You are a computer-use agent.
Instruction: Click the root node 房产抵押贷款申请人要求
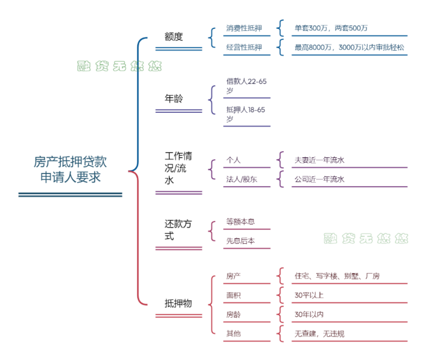pos(70,169)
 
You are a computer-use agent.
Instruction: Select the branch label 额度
pos(174,37)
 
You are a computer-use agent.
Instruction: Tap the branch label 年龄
pos(174,99)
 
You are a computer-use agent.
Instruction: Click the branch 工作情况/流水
pos(178,169)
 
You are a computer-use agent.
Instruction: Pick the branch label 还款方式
pos(178,230)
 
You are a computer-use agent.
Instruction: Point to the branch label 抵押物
pos(178,303)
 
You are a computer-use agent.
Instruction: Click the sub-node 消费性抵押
pos(244,28)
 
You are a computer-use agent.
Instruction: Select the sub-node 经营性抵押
pos(244,47)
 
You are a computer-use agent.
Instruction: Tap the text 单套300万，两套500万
pos(331,28)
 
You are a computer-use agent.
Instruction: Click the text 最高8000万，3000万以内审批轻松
pos(349,47)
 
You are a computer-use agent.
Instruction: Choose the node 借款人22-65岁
pos(246,86)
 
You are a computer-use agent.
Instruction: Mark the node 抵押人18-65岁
pos(246,114)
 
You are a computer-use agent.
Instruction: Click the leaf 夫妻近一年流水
pos(319,160)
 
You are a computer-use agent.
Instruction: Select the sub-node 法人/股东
pos(241,179)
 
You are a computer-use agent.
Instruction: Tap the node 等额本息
pos(241,222)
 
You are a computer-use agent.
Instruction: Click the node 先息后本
pos(241,241)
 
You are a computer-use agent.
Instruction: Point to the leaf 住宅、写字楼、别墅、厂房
pos(337,276)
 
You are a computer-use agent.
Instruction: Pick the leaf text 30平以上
pos(309,295)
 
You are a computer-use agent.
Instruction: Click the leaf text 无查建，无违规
pos(319,333)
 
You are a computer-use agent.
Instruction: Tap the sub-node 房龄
pos(233,315)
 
